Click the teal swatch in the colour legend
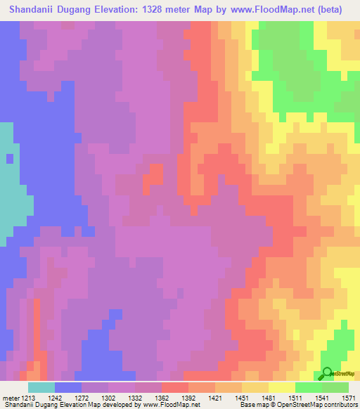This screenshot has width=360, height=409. point(41,387)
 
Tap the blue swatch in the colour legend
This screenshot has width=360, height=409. point(67,387)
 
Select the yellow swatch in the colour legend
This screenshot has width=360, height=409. point(281,387)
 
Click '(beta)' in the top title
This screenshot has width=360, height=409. point(340,10)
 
